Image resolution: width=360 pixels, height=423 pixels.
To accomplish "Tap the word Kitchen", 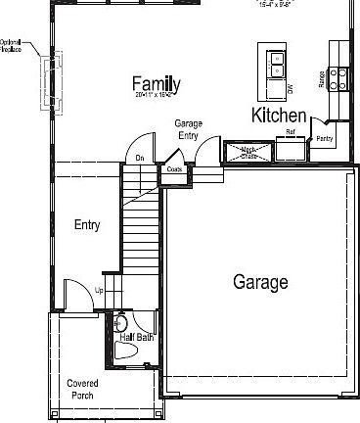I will click(279, 116).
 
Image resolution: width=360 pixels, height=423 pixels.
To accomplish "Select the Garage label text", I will click(260, 282).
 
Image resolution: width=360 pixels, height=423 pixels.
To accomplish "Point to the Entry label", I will click(87, 225).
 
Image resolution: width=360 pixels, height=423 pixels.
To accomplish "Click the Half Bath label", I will click(137, 338).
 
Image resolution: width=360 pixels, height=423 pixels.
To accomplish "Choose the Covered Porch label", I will click(82, 389).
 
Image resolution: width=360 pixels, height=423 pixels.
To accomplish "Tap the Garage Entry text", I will click(189, 129).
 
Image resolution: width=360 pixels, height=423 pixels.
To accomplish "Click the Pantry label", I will click(324, 140).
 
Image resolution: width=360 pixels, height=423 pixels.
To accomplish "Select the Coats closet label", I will click(174, 169).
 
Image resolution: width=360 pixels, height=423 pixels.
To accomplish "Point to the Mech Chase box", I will click(240, 151).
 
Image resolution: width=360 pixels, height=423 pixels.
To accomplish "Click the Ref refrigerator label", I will click(291, 132).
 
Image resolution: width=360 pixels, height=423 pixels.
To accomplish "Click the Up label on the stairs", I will click(99, 290).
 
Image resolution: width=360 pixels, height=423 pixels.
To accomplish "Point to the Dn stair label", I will click(140, 158).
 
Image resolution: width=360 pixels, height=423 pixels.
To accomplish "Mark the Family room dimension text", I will click(155, 96).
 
